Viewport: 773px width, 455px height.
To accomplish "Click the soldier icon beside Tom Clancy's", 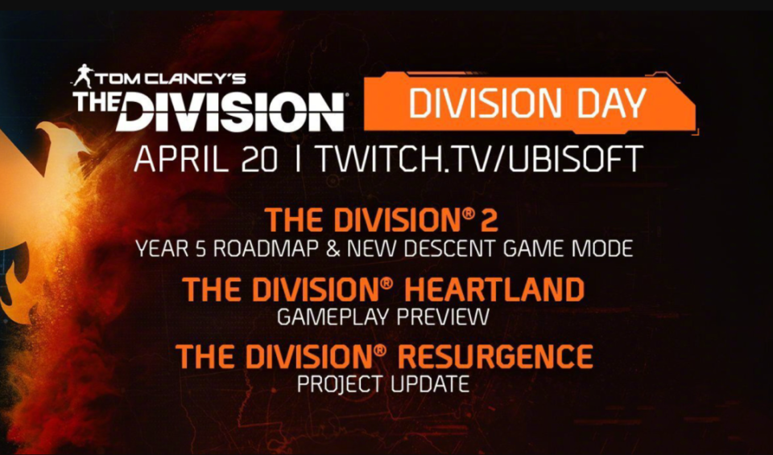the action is tap(83, 76).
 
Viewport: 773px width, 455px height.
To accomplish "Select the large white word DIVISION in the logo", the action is tap(230, 113).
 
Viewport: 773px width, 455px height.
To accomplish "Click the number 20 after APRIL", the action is tap(259, 158).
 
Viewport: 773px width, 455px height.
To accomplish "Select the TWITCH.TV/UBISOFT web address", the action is tap(478, 158).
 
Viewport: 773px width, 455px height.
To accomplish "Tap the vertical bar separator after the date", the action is tap(297, 158).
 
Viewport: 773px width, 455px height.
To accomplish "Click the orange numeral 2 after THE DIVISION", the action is tap(490, 220).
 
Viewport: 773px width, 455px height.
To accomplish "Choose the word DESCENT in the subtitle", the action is tap(452, 248).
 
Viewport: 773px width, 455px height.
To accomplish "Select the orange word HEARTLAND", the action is tap(494, 289).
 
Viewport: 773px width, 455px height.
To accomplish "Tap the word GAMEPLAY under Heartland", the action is tap(333, 317).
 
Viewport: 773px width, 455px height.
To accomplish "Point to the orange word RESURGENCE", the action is tap(495, 356).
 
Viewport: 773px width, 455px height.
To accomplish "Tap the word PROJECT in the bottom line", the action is tap(340, 384).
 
